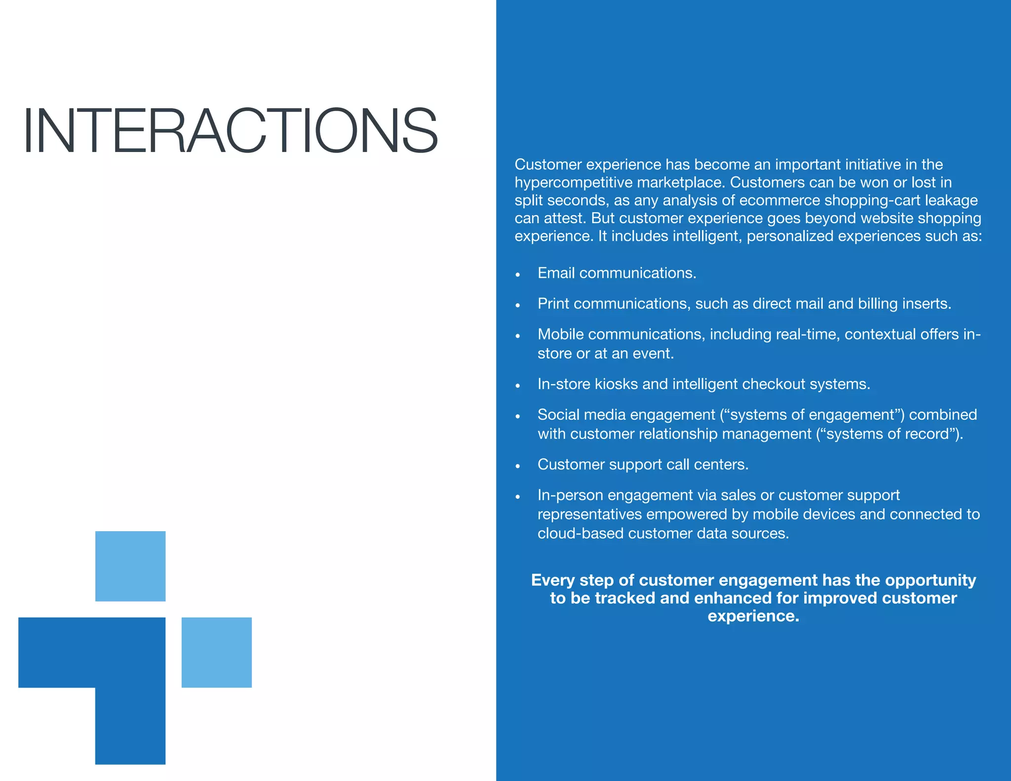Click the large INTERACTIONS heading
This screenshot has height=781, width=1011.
pos(230,131)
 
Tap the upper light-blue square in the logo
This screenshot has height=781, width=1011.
pos(130,566)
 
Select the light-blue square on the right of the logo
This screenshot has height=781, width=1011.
pos(217,652)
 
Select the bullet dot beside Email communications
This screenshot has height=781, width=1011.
pos(518,274)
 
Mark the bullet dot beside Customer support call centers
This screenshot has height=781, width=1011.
pos(518,466)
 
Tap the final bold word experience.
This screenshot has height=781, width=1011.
pos(753,616)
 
